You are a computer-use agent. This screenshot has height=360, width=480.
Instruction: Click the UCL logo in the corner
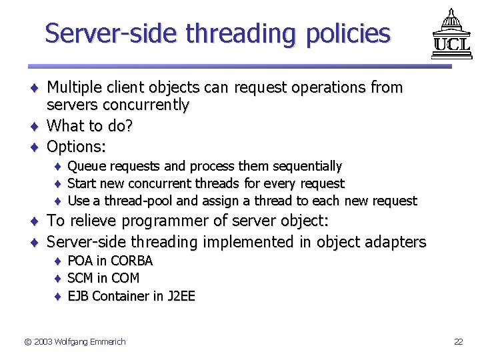451,34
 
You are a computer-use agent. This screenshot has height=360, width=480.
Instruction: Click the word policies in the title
347,33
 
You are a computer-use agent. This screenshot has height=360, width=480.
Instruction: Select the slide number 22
458,342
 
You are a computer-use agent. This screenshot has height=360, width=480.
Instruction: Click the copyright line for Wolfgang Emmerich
75,342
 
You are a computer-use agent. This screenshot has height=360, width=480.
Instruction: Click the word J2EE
181,296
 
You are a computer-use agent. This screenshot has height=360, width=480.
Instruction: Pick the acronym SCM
81,278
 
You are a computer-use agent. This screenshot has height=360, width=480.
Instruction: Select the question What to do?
90,126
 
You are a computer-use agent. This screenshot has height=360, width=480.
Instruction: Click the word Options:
77,146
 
